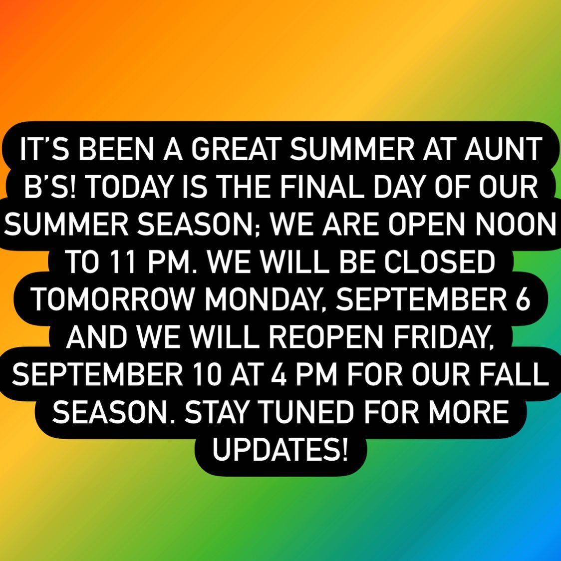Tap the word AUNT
503,149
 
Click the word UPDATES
280,449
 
